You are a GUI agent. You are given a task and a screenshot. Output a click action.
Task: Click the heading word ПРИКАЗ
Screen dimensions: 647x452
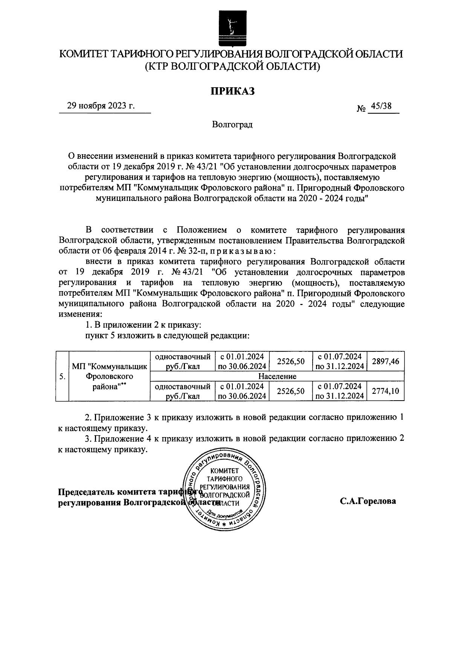coord(232,91)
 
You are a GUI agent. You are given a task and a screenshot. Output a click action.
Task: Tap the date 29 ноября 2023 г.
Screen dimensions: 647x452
coord(101,106)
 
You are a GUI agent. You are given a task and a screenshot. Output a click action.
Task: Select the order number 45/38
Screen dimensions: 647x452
coord(380,106)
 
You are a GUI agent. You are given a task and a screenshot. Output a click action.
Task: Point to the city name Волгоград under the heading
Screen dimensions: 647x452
coord(232,125)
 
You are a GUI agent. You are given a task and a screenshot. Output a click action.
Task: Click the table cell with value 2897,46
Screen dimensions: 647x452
coord(385,361)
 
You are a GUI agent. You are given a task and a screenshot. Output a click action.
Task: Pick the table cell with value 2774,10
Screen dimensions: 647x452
coord(385,392)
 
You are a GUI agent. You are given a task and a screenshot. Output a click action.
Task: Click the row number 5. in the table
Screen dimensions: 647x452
coord(63,377)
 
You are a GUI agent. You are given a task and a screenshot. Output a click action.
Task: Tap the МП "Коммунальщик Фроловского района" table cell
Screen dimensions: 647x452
coord(109,377)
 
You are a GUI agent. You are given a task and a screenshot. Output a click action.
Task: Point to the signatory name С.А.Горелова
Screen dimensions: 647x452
coord(368,501)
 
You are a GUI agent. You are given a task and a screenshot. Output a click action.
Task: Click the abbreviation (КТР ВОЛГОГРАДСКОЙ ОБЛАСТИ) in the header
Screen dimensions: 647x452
coord(232,67)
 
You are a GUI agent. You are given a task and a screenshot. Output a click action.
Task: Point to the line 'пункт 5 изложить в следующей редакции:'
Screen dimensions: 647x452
coord(168,336)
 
